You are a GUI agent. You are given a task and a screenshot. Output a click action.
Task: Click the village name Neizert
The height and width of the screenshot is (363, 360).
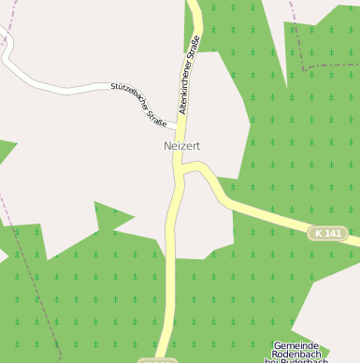pyautogui.click(x=181, y=146)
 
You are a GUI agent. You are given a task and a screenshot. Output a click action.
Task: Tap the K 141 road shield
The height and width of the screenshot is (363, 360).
pyautogui.click(x=327, y=232)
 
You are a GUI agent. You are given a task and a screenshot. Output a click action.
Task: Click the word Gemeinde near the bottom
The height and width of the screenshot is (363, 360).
pyautogui.click(x=295, y=346)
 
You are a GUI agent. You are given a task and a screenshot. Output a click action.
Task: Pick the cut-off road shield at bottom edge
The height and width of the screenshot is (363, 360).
pyautogui.click(x=157, y=360)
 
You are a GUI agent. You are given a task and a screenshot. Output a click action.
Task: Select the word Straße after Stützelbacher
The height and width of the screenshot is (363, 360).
pyautogui.click(x=157, y=116)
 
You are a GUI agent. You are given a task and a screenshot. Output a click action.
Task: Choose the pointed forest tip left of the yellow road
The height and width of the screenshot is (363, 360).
pyautogui.click(x=117, y=218)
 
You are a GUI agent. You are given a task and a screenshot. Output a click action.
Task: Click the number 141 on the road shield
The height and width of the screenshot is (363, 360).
pyautogui.click(x=332, y=232)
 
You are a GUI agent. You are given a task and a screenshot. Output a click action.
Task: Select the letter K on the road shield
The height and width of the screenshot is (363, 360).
pyautogui.click(x=319, y=232)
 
